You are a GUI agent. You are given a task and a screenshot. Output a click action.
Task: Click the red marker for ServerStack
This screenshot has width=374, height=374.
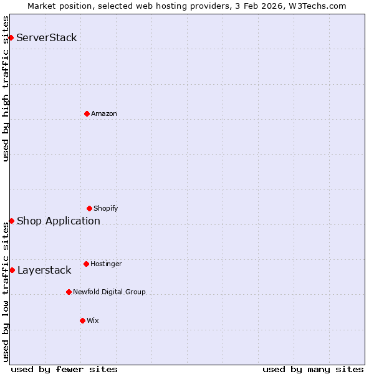pos(11,37)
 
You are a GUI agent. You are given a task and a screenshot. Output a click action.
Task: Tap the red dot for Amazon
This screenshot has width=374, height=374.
pos(87,113)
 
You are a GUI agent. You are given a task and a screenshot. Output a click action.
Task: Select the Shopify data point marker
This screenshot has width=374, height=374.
pos(89,208)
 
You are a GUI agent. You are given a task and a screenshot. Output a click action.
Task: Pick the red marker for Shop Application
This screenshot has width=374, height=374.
pos(11,221)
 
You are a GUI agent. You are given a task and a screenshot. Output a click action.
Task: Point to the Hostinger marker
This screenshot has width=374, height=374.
pos(86,264)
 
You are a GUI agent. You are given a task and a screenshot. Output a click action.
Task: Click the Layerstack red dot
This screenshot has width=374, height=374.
pos(12,270)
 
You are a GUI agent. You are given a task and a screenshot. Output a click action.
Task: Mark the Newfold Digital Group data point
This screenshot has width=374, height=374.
pos(69,292)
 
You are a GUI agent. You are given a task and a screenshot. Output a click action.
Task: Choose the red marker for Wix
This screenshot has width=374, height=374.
pos(82,320)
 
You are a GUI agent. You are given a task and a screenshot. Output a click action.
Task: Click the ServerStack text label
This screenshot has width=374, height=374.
pos(47,37)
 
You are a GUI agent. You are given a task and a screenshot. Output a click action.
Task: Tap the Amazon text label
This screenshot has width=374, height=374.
pos(104,113)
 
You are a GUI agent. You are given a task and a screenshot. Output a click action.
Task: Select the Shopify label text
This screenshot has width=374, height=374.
pos(106,208)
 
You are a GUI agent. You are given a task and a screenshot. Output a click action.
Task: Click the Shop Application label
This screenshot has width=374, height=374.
pos(59,221)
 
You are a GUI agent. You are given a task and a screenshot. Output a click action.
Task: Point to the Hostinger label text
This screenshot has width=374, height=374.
pos(106,264)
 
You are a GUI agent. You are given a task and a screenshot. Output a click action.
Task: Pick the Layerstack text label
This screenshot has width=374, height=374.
pos(44,270)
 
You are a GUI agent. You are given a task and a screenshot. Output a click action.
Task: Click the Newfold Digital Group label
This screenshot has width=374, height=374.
pos(109,292)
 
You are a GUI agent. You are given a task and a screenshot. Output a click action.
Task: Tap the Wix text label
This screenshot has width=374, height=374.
pos(92,320)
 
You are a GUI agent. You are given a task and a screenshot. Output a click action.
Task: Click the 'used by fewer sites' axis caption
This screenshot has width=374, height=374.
pos(64,369)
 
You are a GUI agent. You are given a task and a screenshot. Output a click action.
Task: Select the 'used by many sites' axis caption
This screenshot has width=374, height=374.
pos(313,369)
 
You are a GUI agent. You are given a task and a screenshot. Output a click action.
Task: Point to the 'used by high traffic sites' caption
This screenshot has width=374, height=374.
pos(6,89)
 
